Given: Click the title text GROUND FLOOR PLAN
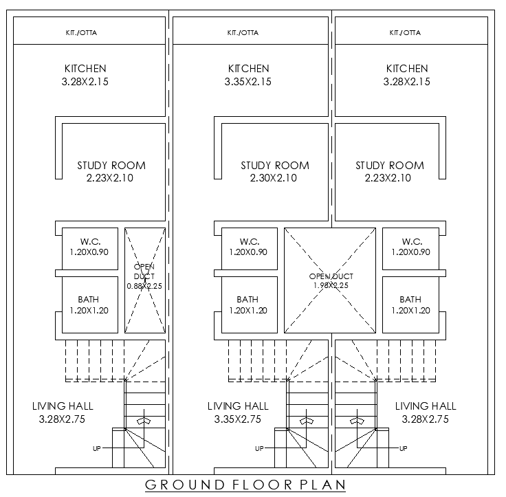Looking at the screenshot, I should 245,485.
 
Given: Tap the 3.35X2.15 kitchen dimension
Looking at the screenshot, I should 248,82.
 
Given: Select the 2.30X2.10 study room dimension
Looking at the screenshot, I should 274,178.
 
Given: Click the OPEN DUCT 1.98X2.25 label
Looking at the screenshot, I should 331,281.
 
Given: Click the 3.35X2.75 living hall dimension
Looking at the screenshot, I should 238,419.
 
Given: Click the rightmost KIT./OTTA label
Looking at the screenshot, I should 405,32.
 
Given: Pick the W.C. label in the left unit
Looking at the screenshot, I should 91,241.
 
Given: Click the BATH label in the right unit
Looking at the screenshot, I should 410,300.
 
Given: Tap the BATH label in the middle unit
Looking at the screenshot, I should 248,300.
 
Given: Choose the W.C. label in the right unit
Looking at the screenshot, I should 412,241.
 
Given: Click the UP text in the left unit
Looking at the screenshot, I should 98,449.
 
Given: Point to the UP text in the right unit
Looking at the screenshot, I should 404,449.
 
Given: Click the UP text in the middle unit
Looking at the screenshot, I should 259,449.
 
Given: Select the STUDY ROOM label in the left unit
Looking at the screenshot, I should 111,166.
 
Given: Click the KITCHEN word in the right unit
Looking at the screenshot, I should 407,69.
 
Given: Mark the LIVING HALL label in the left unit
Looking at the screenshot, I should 63,406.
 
